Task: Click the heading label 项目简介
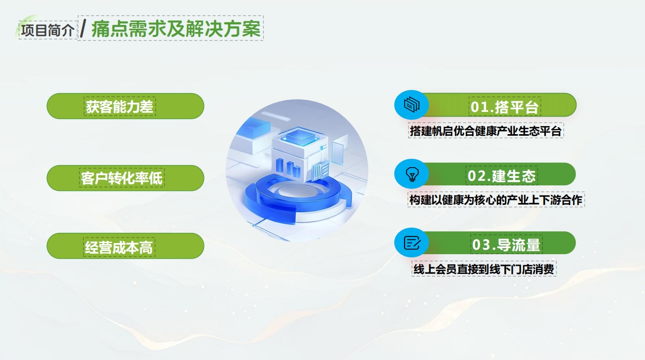point(48,30)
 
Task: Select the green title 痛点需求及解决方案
point(176,29)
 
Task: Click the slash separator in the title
point(83,29)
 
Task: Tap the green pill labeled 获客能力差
point(125,106)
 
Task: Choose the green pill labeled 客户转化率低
point(125,178)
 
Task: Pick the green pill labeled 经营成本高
point(125,248)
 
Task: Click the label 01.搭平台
point(504,107)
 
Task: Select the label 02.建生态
point(501,176)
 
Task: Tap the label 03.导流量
point(506,245)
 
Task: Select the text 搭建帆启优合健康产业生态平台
point(486,131)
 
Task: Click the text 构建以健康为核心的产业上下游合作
point(496,200)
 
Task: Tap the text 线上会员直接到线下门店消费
point(485,269)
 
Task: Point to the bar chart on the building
point(287,166)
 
